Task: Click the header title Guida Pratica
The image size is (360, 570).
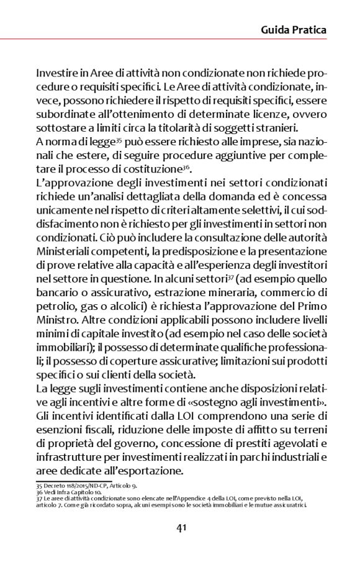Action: (x=294, y=29)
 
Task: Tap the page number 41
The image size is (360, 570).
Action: (x=181, y=528)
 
